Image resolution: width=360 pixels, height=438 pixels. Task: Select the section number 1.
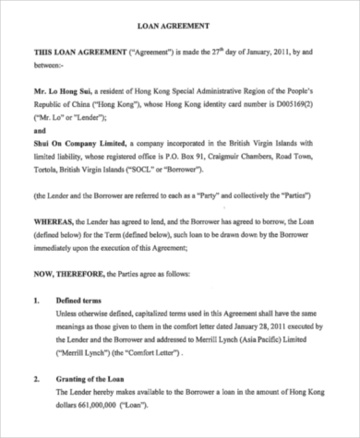pos(36,302)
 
